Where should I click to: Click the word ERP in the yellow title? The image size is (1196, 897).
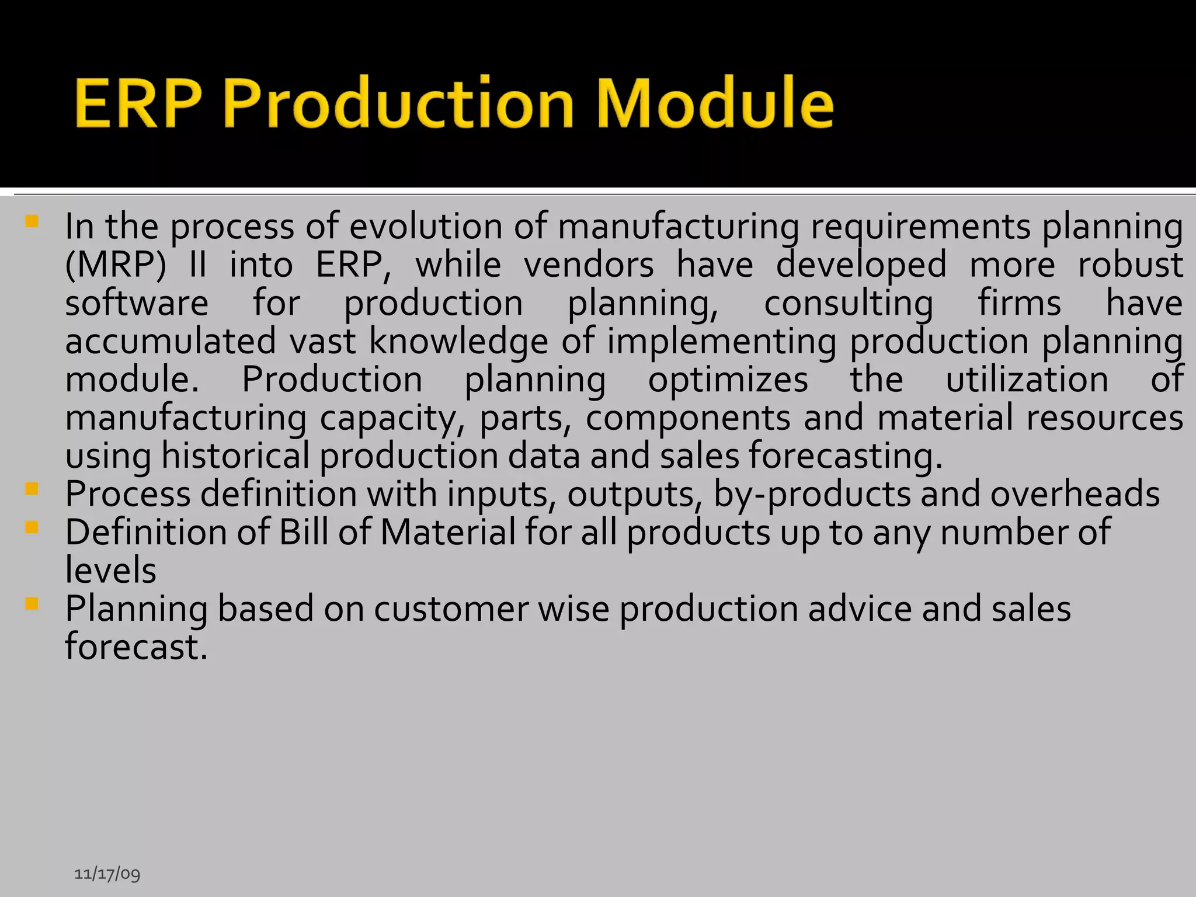pyautogui.click(x=138, y=104)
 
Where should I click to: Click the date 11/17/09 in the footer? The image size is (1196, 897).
pyautogui.click(x=107, y=874)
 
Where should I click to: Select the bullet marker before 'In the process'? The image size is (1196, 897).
pyautogui.click(x=32, y=221)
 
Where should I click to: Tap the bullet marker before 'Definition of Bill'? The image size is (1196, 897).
pyautogui.click(x=32, y=527)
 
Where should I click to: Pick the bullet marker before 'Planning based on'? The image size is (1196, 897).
pyautogui.click(x=32, y=603)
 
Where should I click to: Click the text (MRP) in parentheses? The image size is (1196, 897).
pyautogui.click(x=116, y=265)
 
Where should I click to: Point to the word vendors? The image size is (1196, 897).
pyautogui.click(x=589, y=265)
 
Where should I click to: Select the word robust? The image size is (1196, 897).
pyautogui.click(x=1130, y=265)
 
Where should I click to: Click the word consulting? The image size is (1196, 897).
pyautogui.click(x=849, y=304)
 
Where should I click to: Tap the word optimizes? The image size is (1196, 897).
pyautogui.click(x=728, y=380)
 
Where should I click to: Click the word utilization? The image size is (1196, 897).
pyautogui.click(x=1027, y=380)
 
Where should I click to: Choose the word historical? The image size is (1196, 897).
pyautogui.click(x=235, y=456)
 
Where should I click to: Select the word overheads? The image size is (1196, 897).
pyautogui.click(x=1075, y=494)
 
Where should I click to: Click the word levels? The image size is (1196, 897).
pyautogui.click(x=110, y=571)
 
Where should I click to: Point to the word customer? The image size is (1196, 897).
pyautogui.click(x=451, y=609)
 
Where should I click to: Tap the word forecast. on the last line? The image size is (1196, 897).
pyautogui.click(x=136, y=647)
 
